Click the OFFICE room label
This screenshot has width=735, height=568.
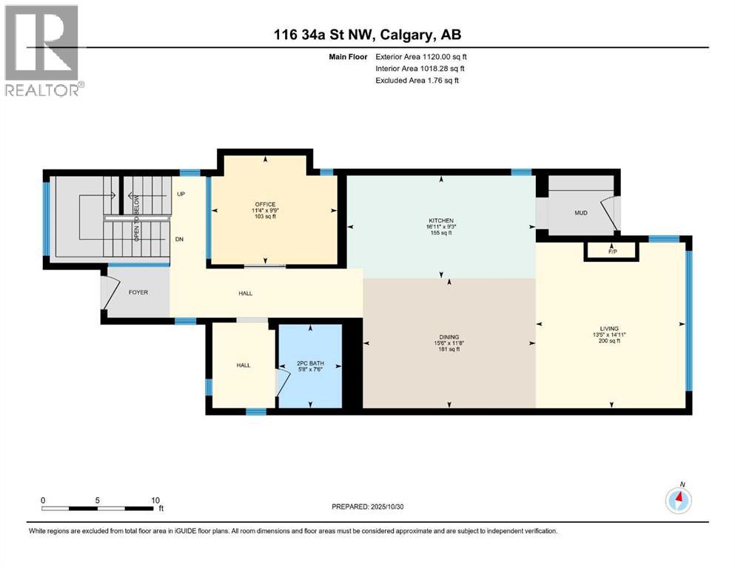point(264,204)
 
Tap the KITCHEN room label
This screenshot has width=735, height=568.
point(442,220)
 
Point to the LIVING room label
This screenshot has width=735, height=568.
point(609,328)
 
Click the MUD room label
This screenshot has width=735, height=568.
point(581,214)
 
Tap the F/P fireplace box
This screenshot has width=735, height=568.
point(612,251)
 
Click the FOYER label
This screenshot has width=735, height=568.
point(138,292)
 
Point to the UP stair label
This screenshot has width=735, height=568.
point(181,195)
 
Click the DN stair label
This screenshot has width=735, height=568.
point(180,240)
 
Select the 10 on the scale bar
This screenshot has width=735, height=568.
point(155,500)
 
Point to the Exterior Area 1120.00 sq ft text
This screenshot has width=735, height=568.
point(421,56)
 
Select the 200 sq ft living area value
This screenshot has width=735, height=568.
point(609,342)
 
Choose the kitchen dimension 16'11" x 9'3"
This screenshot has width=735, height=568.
point(442,227)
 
